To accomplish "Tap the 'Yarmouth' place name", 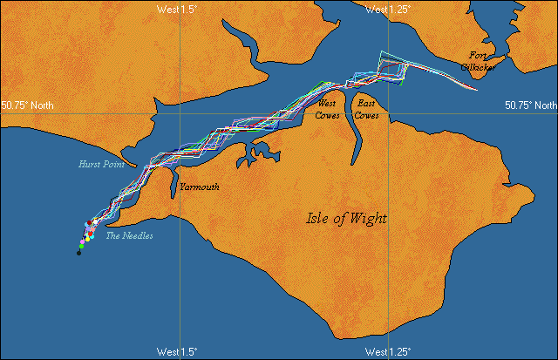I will point(199,187).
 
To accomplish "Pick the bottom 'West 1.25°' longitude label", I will point(389,352).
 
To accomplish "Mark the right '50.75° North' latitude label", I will point(530,105).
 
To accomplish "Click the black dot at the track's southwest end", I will point(78,254).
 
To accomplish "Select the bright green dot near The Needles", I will point(81,247).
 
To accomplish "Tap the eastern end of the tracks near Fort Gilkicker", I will point(476,89).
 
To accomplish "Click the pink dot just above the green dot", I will point(84,241).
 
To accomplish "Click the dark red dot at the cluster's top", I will point(88,223).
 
